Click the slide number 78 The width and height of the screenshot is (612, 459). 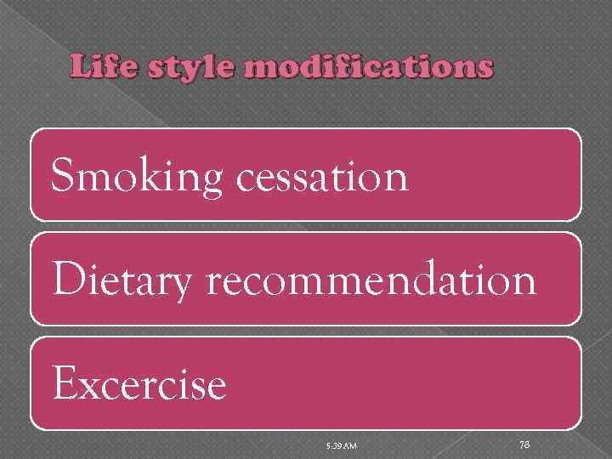(524, 445)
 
